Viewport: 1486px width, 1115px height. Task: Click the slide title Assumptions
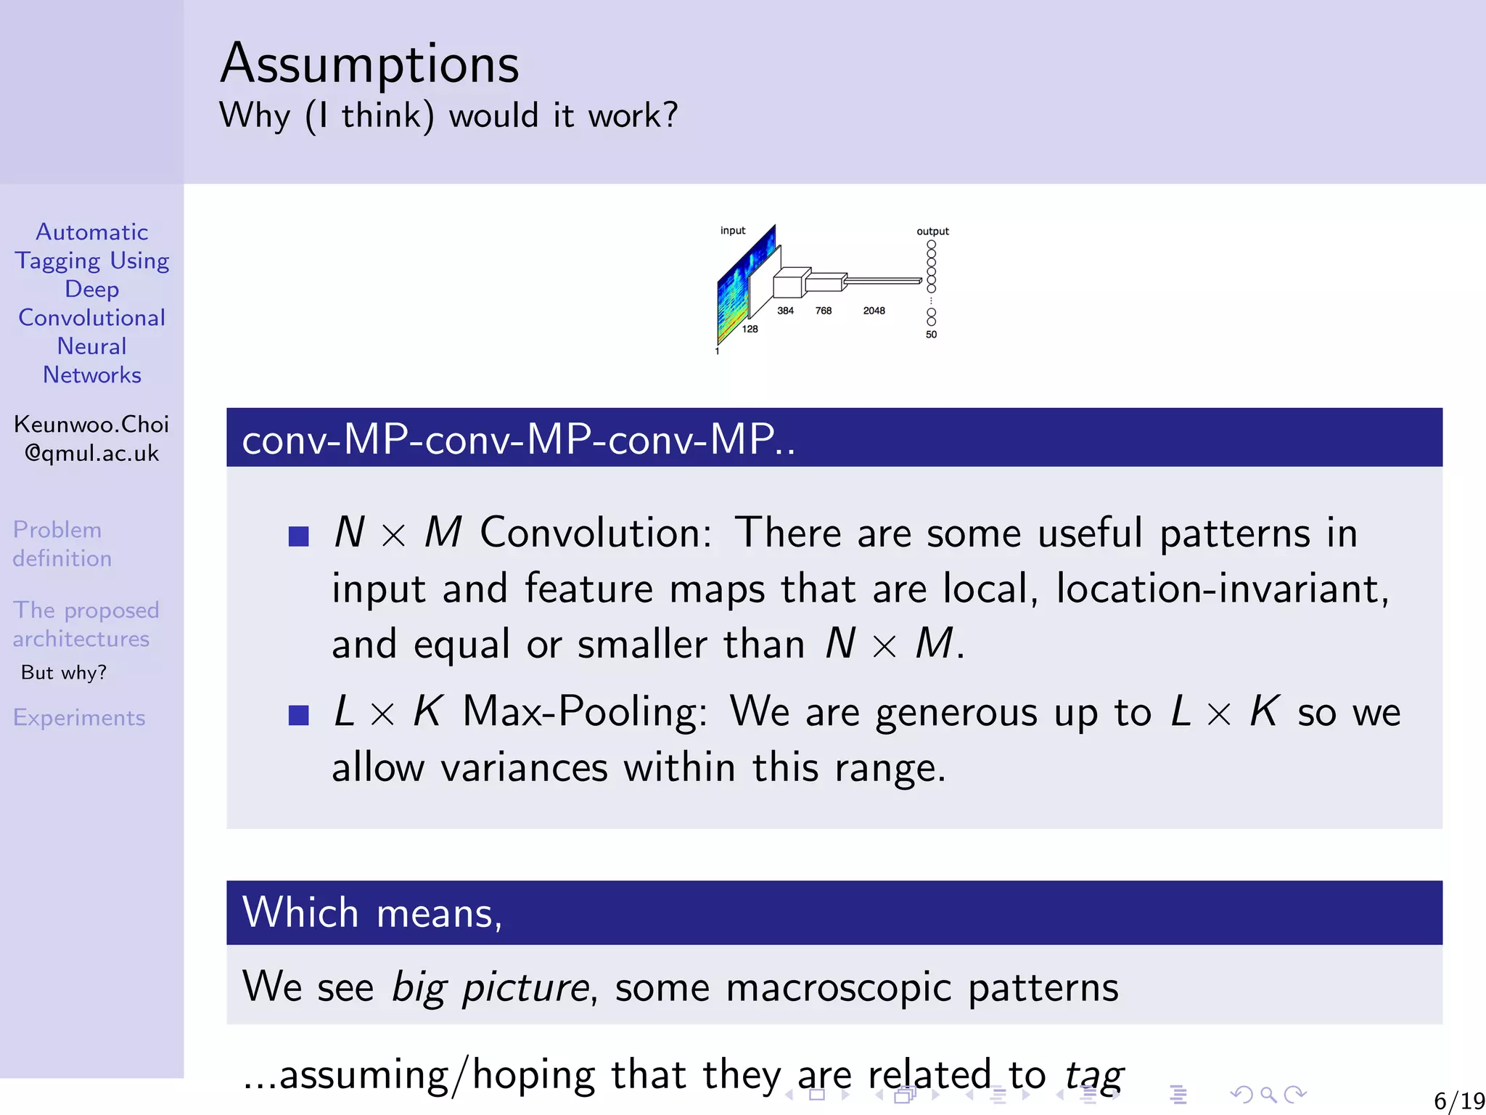(369, 64)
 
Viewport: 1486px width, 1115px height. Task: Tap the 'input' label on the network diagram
(732, 231)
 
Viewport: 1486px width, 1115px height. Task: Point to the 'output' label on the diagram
(932, 232)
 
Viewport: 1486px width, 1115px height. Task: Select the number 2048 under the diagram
(874, 311)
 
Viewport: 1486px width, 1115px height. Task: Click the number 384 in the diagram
(785, 311)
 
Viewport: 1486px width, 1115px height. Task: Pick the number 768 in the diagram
(823, 311)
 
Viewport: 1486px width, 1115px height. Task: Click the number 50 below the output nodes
(931, 335)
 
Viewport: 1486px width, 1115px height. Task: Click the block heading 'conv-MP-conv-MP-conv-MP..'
(519, 439)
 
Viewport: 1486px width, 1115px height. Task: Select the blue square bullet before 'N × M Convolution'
(299, 536)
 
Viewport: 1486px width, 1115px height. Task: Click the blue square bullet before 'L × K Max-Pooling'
(299, 715)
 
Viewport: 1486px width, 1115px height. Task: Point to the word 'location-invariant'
(1222, 589)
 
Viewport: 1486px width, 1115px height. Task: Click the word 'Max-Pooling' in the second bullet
(585, 711)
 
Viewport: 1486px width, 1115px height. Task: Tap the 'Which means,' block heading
(371, 913)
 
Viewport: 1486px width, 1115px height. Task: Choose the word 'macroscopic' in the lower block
(838, 988)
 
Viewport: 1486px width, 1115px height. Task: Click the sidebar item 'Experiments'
(79, 718)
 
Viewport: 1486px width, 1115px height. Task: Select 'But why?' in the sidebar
(64, 673)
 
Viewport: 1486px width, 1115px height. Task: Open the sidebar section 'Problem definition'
(62, 544)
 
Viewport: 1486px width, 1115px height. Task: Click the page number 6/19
(1458, 1101)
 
